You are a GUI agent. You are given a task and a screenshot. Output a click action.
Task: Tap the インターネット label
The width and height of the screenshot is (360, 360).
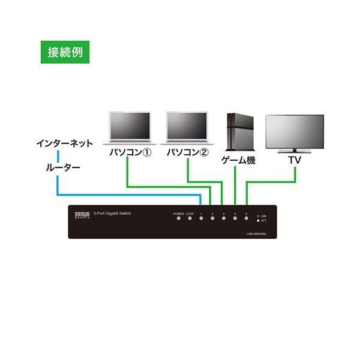[x=64, y=143]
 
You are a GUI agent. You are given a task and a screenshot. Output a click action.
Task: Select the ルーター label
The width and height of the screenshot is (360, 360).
[x=62, y=168]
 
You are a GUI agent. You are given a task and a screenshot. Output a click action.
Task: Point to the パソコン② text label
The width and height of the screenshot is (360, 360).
[x=187, y=152]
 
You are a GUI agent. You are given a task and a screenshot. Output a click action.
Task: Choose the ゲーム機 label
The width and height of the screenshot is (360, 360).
[x=239, y=160]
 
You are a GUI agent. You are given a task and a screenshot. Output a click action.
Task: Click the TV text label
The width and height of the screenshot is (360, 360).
[x=295, y=160]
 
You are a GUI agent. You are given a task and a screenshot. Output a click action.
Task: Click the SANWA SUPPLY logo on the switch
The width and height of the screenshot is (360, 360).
[x=81, y=215]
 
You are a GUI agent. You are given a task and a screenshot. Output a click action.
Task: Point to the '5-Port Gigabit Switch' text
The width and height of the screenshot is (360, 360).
[x=112, y=214]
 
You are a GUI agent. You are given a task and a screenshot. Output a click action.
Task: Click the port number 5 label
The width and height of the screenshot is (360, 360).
[x=246, y=214]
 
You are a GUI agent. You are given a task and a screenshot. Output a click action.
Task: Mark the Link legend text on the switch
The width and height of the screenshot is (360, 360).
[x=263, y=215]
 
